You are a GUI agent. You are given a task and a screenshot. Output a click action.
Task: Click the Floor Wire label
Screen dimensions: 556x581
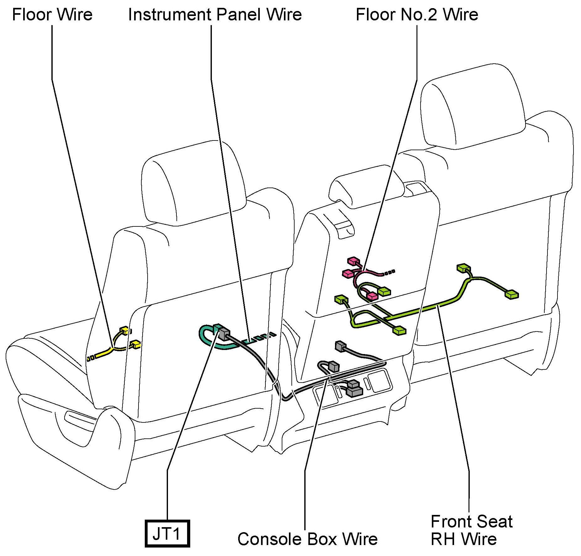[x=52, y=15]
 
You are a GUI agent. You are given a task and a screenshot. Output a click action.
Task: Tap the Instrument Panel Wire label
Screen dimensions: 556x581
[x=215, y=15]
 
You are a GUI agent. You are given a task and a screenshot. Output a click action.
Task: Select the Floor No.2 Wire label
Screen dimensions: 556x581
[x=417, y=15]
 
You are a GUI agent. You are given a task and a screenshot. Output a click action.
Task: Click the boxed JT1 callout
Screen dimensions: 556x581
[x=167, y=534]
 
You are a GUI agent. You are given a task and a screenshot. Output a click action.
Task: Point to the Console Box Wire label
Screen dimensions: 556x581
[x=307, y=539]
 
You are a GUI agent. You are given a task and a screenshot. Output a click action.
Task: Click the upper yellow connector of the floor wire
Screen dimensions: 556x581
[x=124, y=330]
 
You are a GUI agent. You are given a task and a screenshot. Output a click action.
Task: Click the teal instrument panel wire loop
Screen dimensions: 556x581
[x=207, y=340]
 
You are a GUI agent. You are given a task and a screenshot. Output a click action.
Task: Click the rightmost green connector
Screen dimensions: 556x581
[x=511, y=294]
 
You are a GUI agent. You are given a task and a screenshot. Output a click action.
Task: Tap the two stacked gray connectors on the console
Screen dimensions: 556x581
[x=354, y=388]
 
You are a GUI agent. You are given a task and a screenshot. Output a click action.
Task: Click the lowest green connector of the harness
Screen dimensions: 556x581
[x=399, y=331]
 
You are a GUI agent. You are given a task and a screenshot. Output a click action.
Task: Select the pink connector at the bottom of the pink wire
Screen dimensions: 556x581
[x=372, y=296]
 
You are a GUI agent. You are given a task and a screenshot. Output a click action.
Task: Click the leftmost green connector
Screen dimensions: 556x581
[x=341, y=299]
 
